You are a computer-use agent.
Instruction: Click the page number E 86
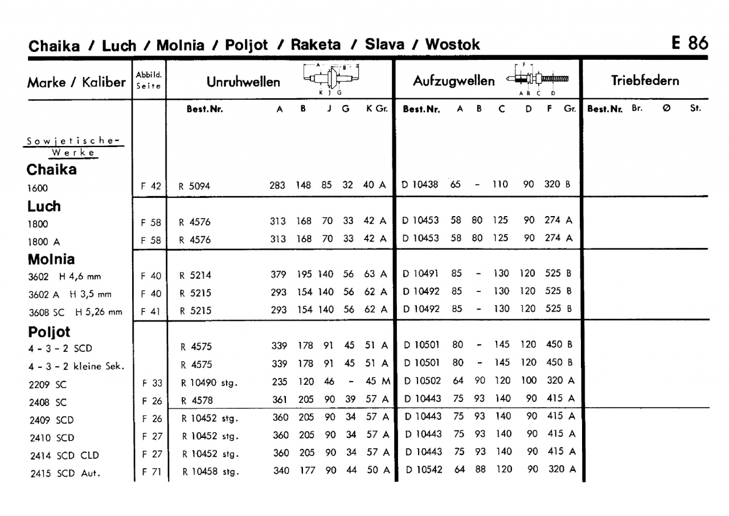click(x=690, y=43)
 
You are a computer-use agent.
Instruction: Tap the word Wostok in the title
click(x=453, y=44)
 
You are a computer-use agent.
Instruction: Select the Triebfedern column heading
click(x=645, y=80)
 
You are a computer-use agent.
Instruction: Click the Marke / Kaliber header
click(x=76, y=82)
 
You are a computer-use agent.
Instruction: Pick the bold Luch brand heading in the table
click(x=44, y=206)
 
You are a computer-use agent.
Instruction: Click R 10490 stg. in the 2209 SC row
click(x=208, y=383)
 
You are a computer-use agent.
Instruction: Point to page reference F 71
click(x=151, y=472)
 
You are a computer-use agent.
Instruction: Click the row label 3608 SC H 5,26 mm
click(x=75, y=312)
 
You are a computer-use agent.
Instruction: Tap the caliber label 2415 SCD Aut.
click(x=64, y=473)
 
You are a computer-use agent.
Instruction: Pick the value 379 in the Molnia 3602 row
click(x=278, y=274)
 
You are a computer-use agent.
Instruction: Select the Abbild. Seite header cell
click(x=149, y=80)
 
